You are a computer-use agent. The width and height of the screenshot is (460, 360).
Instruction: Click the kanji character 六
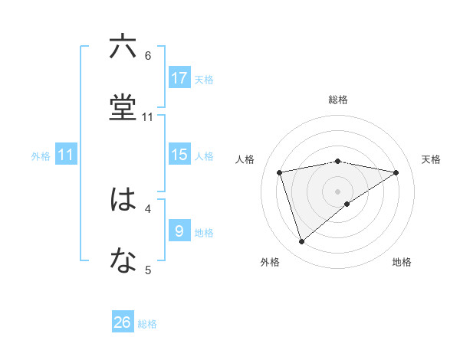point(123,47)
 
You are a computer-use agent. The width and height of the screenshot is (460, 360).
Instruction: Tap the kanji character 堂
point(123,108)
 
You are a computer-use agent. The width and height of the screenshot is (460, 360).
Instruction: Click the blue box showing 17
point(179,78)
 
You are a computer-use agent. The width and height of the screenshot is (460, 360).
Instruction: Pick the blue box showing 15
point(179,155)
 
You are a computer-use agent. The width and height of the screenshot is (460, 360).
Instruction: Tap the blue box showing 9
point(179,231)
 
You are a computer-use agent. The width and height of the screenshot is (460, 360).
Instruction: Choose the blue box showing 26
point(123,322)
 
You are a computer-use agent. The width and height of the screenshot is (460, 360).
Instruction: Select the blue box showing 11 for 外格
point(66,155)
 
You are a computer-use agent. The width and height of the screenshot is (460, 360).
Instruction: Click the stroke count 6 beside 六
point(148,55)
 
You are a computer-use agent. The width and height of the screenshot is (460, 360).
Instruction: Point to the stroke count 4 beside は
point(148,208)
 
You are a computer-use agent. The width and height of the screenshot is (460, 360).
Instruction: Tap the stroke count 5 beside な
point(148,269)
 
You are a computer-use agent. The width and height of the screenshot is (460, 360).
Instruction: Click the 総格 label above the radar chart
point(338,100)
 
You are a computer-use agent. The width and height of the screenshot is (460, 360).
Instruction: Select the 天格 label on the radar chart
point(432,159)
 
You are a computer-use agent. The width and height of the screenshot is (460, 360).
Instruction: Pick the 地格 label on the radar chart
point(402,262)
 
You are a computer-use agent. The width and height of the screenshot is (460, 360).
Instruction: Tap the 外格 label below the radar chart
point(270,262)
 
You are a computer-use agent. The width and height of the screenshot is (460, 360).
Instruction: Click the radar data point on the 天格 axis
point(396,172)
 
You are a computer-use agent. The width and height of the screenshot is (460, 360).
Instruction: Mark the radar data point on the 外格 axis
point(301,242)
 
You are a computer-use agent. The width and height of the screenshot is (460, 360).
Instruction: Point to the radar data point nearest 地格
point(347,204)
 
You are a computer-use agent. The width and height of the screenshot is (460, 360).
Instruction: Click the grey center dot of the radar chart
point(338,191)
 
